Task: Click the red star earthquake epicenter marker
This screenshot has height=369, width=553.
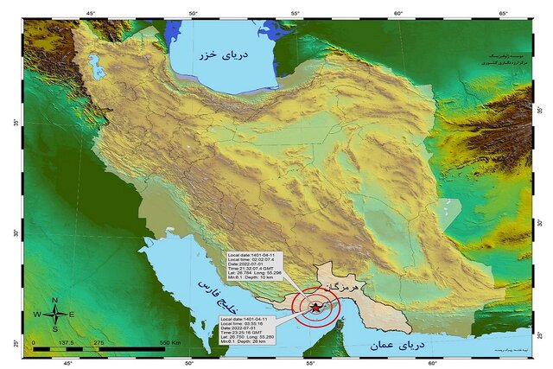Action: [316, 306]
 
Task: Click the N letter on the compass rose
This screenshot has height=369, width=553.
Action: [55, 300]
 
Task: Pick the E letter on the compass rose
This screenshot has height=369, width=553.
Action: [73, 315]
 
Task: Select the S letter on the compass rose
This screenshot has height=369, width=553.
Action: [55, 329]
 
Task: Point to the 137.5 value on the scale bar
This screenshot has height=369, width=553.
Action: [66, 342]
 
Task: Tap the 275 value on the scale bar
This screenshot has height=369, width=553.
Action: [99, 342]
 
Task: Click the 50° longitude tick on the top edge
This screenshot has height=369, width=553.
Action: [193, 13]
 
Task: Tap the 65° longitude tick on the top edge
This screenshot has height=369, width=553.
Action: [502, 13]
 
